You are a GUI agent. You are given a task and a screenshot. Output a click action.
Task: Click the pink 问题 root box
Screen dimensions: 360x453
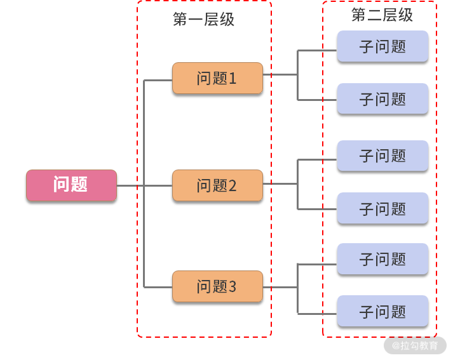coord(71,185)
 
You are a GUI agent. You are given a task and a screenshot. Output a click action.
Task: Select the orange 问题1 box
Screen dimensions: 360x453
coord(217,78)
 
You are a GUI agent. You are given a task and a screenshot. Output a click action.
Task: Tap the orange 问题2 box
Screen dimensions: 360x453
coord(217,185)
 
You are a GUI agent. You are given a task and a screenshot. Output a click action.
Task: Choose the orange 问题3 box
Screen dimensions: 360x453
coord(217,286)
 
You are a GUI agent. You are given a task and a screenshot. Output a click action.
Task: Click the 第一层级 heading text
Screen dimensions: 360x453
coord(203,20)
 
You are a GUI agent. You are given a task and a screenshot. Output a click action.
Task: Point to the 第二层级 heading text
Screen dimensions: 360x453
coord(382,15)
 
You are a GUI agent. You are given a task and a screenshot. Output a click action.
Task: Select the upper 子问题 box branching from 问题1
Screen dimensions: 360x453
coord(382,46)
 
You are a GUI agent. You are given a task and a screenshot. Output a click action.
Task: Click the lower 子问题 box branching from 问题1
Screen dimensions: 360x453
coord(382,99)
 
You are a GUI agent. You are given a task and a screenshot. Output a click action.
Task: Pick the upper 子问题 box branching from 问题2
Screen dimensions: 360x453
coord(382,156)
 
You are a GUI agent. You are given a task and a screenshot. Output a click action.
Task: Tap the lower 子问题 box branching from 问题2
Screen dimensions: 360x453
coord(382,208)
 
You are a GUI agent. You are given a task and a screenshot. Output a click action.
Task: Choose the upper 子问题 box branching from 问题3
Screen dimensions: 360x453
coord(382,259)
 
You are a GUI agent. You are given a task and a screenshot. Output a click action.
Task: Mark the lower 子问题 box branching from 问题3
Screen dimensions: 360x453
coord(382,311)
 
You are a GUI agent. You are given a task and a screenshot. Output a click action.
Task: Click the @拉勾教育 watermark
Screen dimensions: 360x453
coord(415,346)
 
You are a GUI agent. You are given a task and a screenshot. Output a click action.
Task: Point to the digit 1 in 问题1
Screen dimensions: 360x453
coord(233,79)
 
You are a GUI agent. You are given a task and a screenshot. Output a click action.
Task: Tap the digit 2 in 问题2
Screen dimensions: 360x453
coord(233,186)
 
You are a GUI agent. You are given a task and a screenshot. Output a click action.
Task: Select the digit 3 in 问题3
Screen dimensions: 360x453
coord(233,287)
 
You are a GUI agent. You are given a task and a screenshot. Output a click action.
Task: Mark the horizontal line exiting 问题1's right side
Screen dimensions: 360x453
coord(280,74)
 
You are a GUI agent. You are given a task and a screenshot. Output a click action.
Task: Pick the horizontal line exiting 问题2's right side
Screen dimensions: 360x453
coord(280,184)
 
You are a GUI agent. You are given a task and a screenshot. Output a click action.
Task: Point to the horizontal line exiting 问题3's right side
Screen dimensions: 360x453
coord(280,288)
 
